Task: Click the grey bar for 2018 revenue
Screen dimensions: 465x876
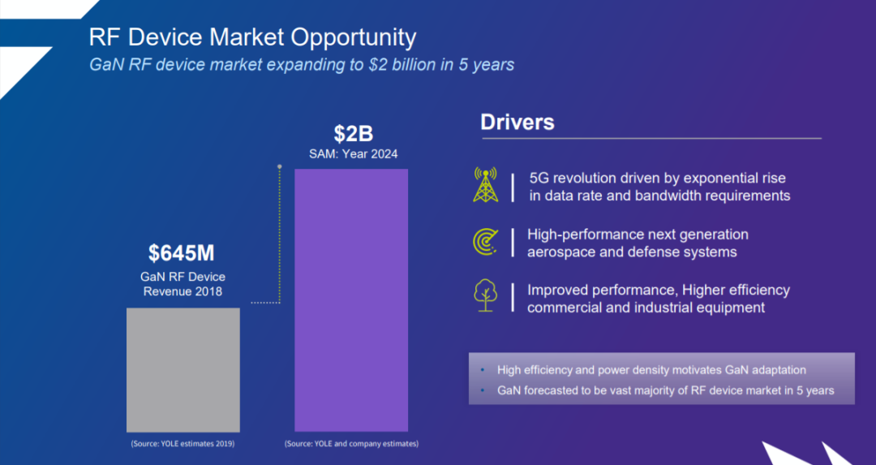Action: pyautogui.click(x=182, y=369)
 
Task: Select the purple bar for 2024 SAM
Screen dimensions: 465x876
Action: pyautogui.click(x=350, y=300)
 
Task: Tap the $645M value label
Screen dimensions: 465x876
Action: pyautogui.click(x=182, y=253)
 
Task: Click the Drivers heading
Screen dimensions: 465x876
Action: pyautogui.click(x=517, y=123)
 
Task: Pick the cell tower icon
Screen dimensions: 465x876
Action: pyautogui.click(x=486, y=186)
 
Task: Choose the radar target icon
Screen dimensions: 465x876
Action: pyautogui.click(x=486, y=243)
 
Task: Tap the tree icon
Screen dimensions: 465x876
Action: pyautogui.click(x=486, y=296)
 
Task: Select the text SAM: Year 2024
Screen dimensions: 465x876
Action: pyautogui.click(x=353, y=154)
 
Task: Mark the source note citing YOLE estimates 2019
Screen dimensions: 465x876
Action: pyautogui.click(x=182, y=444)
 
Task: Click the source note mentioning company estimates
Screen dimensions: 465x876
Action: pyautogui.click(x=351, y=444)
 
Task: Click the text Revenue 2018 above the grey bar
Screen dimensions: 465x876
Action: pyautogui.click(x=182, y=291)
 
